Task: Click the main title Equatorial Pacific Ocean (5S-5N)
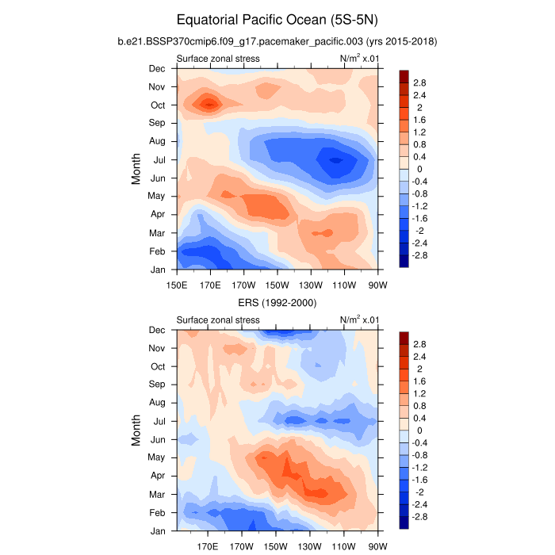[x=277, y=18]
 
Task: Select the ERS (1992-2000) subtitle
[x=277, y=303]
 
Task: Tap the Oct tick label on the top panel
[x=157, y=105]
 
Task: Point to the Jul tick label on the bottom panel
[x=159, y=421]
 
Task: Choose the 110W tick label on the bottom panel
[x=343, y=547]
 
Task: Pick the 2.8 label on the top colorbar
[x=419, y=82]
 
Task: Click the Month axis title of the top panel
[x=136, y=169]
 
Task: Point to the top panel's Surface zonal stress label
[x=217, y=59]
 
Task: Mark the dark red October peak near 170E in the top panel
[x=209, y=103]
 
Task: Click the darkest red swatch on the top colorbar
[x=404, y=75]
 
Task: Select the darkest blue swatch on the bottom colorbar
[x=404, y=522]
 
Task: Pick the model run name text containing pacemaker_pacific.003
[x=277, y=40]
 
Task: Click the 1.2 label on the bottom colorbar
[x=419, y=393]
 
